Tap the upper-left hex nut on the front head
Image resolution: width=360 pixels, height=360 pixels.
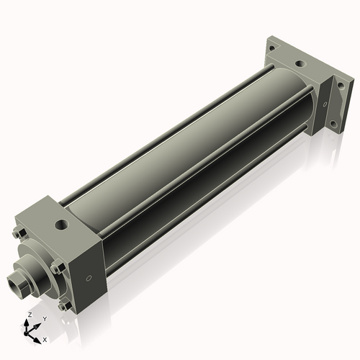click(x=17, y=232)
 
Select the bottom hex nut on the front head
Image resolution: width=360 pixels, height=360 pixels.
click(x=66, y=305)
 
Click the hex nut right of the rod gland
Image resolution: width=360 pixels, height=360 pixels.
click(x=57, y=268)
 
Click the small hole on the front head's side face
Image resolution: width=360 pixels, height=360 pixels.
click(x=89, y=277)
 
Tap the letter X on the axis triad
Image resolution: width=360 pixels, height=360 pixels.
click(x=45, y=338)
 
